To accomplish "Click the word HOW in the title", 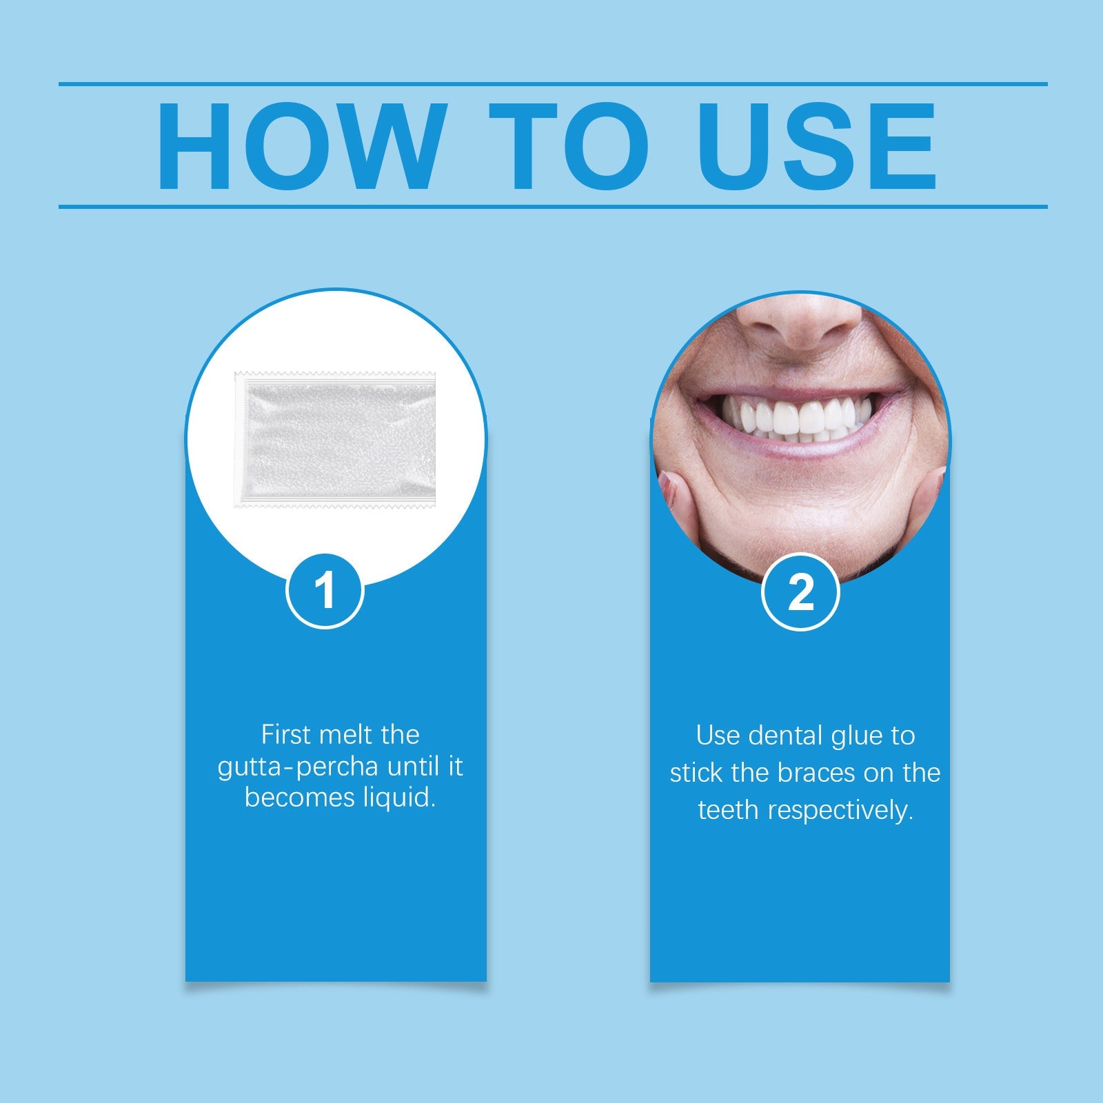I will [300, 146].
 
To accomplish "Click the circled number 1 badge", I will [325, 591].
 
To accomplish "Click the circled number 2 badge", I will [800, 591].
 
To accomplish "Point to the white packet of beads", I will [336, 439].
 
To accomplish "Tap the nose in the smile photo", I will [800, 324].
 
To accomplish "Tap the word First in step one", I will [286, 735].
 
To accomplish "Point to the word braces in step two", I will [817, 773].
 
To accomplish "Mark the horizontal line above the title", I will [551, 84].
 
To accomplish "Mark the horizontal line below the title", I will [551, 206].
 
